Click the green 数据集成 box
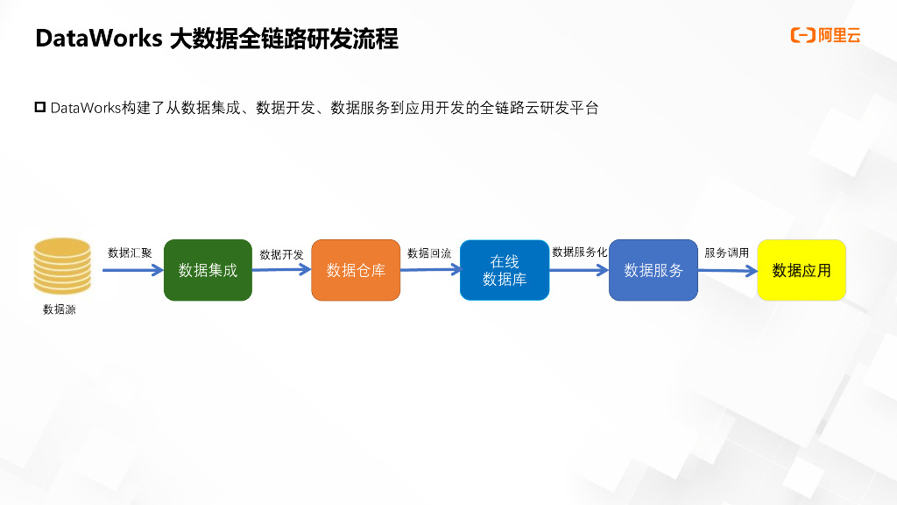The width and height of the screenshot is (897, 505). coord(208,270)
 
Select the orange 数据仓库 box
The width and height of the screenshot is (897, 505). coord(356,270)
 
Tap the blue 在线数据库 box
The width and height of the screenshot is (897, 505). coord(505,270)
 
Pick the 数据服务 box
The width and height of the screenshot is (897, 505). coord(653,270)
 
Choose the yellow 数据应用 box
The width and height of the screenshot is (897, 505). coord(802,270)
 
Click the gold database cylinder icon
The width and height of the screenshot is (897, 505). coord(62,265)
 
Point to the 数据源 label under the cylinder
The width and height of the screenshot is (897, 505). coord(60,309)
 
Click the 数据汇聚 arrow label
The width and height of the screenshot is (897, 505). coord(130,252)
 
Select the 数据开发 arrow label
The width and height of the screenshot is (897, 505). coord(282,254)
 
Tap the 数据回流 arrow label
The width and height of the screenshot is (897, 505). coord(429,253)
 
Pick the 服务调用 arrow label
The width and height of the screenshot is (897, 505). coord(727,252)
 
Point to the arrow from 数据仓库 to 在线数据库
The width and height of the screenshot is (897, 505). coord(430,270)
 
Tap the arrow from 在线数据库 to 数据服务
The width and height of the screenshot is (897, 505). coord(579,270)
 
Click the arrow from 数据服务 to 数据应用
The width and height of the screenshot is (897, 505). coord(728,270)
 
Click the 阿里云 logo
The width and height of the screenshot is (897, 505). coord(825,35)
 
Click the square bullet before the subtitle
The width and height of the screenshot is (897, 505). coord(39,107)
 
